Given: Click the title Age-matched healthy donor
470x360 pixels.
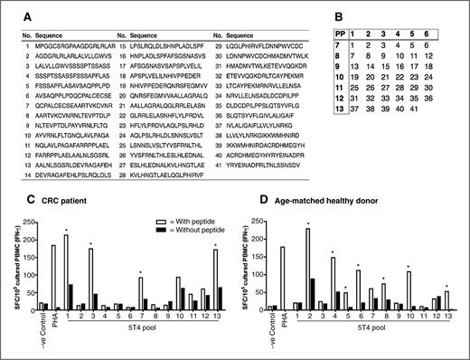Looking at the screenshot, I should click(315, 197).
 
